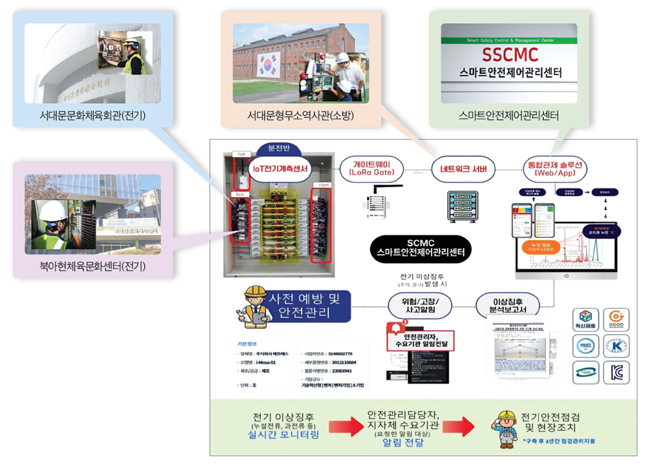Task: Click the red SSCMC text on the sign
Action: pos(509,54)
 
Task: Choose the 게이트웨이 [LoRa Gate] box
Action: pos(377,168)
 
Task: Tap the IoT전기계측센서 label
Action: pos(280,168)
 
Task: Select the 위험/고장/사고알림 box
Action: pos(421,305)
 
